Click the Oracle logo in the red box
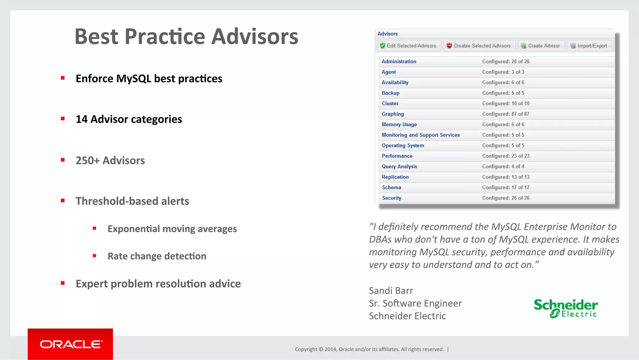click(71, 344)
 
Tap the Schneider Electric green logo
click(566, 308)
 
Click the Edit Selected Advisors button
click(408, 46)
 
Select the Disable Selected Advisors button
click(479, 46)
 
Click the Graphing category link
click(393, 114)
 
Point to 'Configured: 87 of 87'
click(505, 114)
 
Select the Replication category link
click(395, 177)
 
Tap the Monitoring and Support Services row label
click(421, 135)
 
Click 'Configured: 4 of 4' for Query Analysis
click(503, 166)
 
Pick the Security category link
click(392, 198)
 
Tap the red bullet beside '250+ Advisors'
click(63, 160)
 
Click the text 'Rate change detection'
click(157, 256)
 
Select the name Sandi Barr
click(391, 291)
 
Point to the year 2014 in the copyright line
click(330, 349)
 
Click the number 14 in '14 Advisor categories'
click(81, 119)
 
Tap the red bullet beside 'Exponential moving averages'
click(95, 228)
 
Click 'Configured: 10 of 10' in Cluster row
click(505, 103)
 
